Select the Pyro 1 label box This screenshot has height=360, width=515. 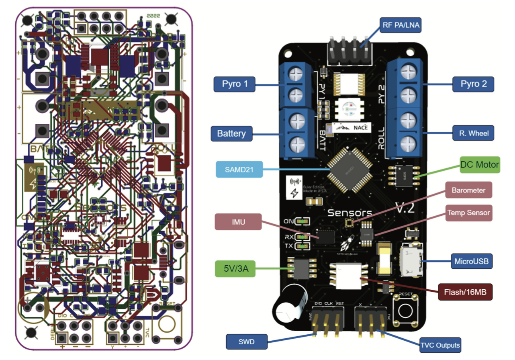(233, 84)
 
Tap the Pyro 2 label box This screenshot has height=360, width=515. (473, 84)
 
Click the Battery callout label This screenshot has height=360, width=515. (231, 133)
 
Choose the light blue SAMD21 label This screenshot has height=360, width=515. (239, 170)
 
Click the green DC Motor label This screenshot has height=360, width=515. (480, 164)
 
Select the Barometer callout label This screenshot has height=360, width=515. (468, 190)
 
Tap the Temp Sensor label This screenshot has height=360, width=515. (468, 213)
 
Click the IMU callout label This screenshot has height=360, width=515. (238, 222)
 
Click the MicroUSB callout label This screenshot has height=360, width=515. (472, 261)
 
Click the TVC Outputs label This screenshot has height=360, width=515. (440, 344)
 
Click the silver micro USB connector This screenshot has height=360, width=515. (411, 262)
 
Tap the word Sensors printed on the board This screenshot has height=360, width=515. (349, 213)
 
